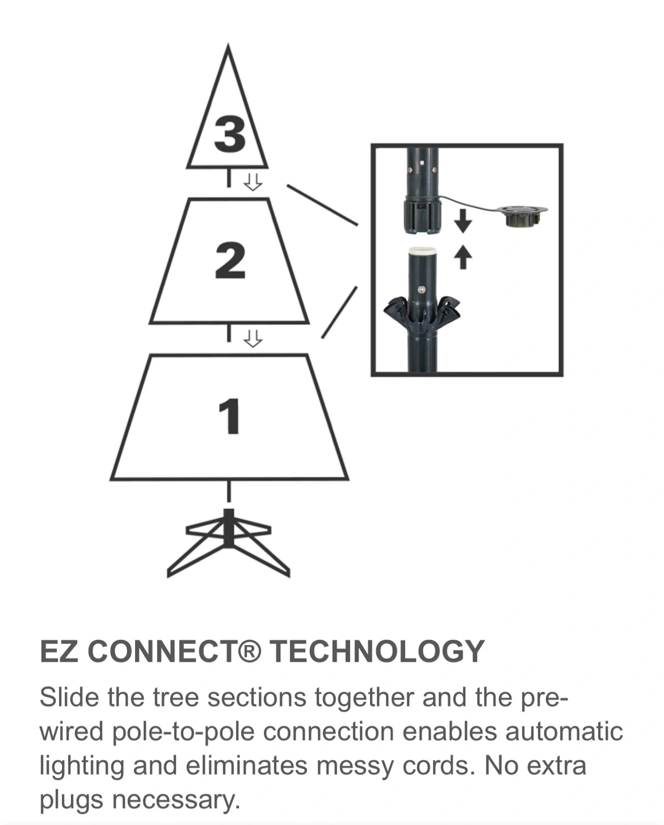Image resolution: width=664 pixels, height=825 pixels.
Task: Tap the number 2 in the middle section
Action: point(230,260)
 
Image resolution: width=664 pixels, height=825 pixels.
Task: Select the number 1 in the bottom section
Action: point(229,416)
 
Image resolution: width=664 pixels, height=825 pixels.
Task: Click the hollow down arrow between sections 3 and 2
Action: point(253,183)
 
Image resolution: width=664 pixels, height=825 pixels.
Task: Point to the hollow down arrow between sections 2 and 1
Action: point(253,339)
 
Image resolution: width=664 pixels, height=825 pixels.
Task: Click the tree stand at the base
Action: point(229,543)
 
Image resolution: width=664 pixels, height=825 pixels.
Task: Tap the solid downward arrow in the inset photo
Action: point(463,221)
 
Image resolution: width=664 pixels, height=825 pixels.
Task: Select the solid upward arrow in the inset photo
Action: point(463,257)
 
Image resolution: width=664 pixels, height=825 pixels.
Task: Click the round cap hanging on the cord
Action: point(522,216)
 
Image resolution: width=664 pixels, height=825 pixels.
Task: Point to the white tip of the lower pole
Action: point(422,252)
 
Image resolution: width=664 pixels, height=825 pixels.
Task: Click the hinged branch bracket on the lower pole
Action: point(422,313)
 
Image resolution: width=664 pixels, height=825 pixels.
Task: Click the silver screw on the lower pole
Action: point(422,289)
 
